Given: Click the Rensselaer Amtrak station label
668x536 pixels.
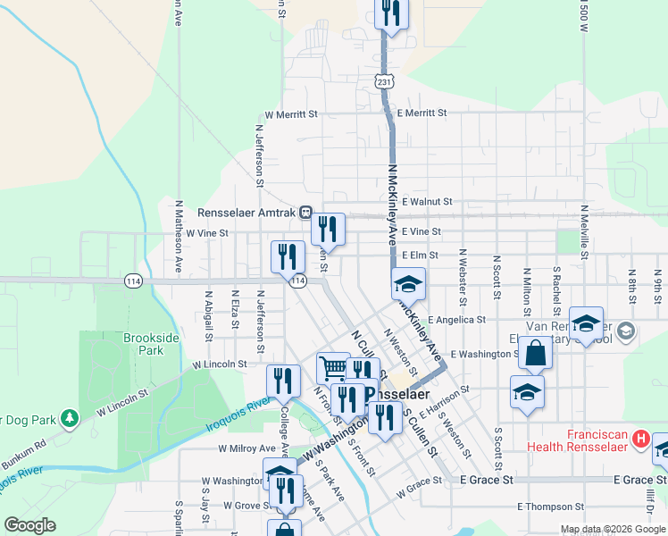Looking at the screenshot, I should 246,214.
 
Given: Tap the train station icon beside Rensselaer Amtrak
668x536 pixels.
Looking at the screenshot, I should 305,214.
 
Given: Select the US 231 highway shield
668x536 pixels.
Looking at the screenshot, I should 383,81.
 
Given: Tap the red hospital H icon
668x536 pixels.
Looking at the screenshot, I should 639,440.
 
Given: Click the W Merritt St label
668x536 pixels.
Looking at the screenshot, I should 291,114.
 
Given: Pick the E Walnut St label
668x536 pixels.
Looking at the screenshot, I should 427,202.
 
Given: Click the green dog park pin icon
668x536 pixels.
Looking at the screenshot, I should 70,418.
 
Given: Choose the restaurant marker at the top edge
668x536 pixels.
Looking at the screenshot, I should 390,13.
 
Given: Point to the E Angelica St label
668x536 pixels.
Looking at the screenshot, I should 456,319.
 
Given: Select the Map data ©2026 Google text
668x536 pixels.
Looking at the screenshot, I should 613,529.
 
